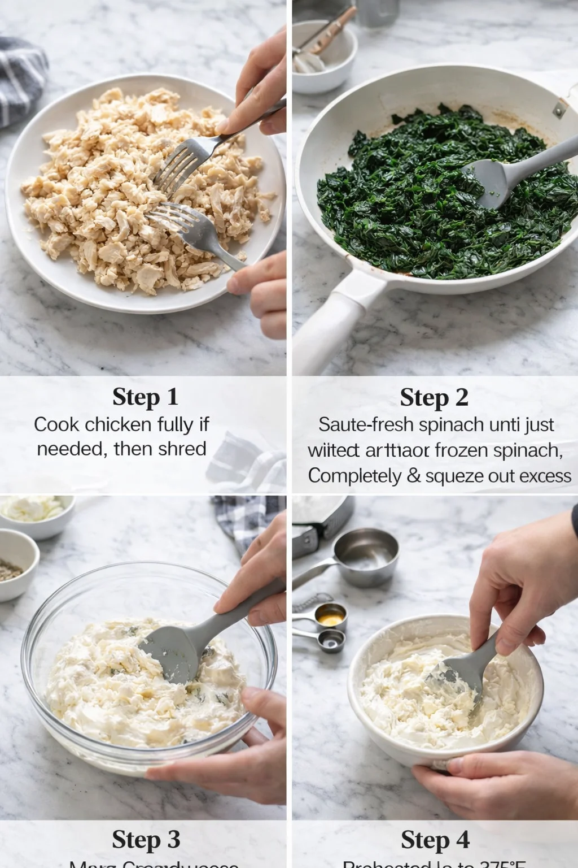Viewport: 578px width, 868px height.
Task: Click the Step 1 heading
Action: tap(145, 397)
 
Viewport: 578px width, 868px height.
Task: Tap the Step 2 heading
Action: tap(433, 397)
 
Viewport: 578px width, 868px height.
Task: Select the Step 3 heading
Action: tap(146, 839)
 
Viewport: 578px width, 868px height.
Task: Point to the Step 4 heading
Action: tap(435, 840)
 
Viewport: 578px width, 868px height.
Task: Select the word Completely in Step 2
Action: tap(354, 476)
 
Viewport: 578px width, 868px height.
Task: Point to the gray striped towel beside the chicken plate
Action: tap(20, 79)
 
